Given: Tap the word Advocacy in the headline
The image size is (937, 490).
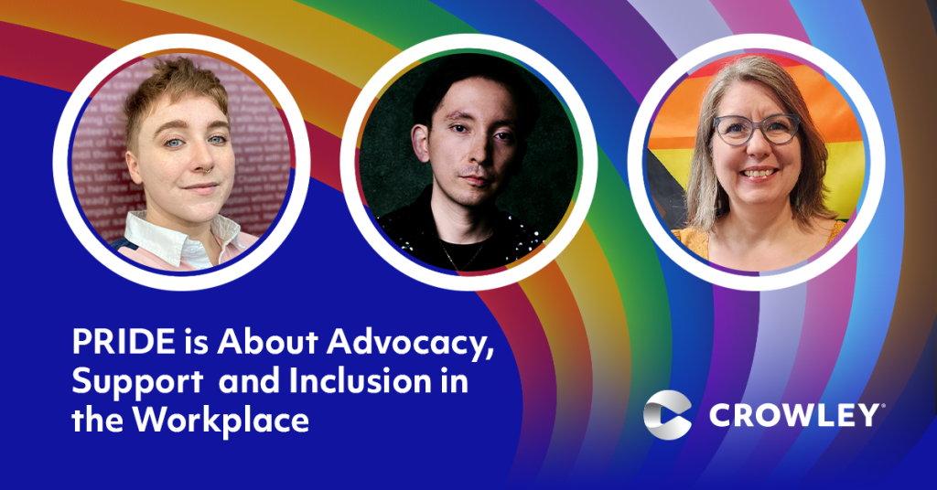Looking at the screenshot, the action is [x=410, y=345].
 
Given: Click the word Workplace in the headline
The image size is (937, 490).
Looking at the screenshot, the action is [x=221, y=421].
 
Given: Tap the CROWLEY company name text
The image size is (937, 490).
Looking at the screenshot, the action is [x=793, y=415].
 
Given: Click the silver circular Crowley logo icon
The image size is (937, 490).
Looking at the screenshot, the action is [x=667, y=415].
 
